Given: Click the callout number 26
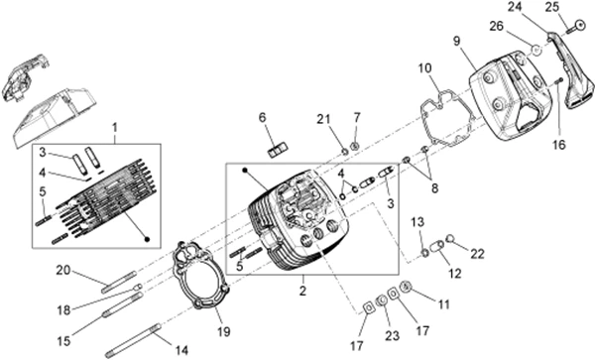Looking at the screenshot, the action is click(496, 27).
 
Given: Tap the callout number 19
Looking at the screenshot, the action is click(224, 331).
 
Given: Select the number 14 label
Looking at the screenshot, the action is click(181, 350).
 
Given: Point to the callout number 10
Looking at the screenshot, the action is click(425, 68).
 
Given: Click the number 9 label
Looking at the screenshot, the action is click(457, 41).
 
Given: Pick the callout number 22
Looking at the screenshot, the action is click(477, 254).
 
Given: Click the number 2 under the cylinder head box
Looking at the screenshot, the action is click(302, 291).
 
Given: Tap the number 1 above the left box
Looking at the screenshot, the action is click(115, 128).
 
